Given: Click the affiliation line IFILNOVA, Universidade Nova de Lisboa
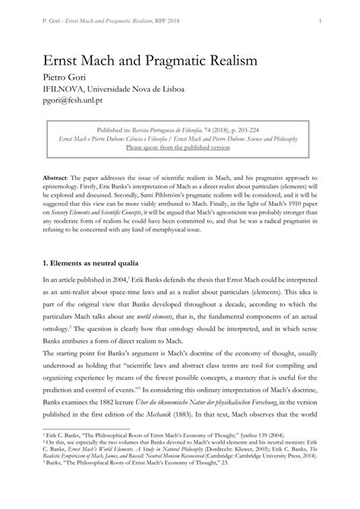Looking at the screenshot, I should [112, 90].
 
